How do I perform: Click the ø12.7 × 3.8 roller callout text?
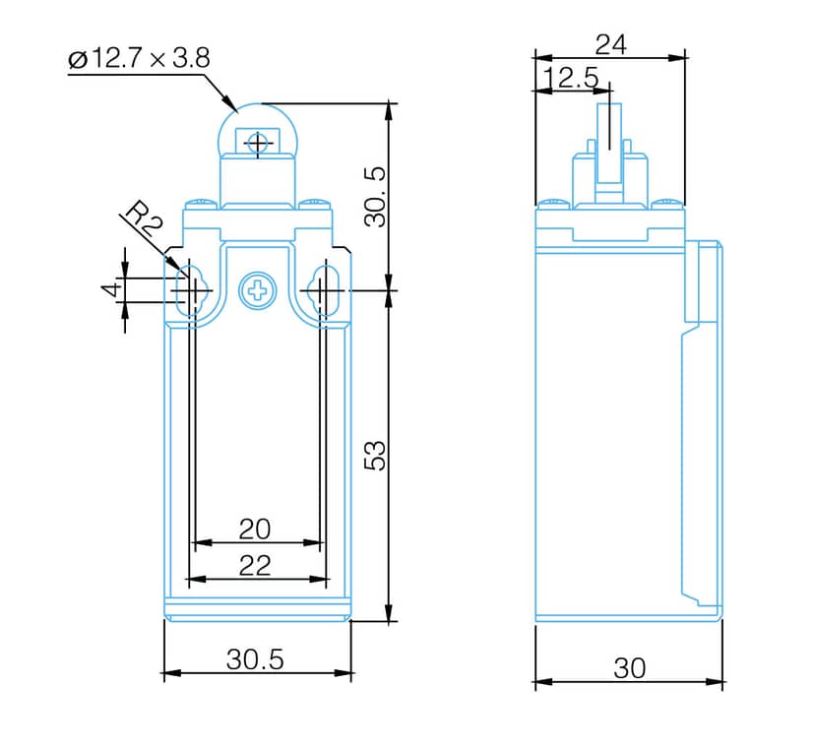tap(139, 58)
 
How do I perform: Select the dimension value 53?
tap(375, 456)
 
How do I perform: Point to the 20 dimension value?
tap(255, 530)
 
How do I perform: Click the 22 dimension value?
tap(255, 566)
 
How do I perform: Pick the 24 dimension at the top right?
tap(610, 44)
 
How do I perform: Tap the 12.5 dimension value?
tap(571, 78)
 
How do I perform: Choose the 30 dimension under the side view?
tap(629, 668)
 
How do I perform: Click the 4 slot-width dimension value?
tap(112, 289)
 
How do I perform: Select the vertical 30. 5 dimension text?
tap(375, 197)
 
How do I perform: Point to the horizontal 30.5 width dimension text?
tap(255, 659)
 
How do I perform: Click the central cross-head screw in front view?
tap(257, 290)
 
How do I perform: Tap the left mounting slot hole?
tap(192, 290)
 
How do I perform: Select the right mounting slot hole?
tap(324, 290)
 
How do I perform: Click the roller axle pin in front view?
tap(257, 143)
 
